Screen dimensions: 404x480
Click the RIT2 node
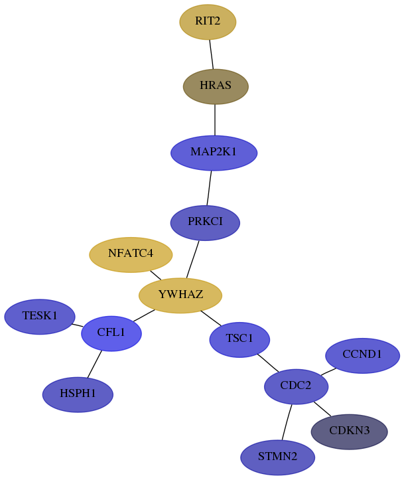[x=208, y=22]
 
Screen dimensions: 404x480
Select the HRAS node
[x=216, y=86]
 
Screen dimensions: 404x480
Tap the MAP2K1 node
[x=214, y=153]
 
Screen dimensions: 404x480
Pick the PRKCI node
[x=205, y=222]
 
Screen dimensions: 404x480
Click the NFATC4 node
[x=131, y=255]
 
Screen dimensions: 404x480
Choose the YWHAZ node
[x=180, y=295]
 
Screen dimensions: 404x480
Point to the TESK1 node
[x=39, y=317]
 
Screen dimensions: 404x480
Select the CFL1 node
[x=111, y=333]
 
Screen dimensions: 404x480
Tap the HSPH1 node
[x=78, y=394]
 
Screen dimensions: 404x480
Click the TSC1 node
[x=239, y=339]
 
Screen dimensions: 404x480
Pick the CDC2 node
[x=296, y=386]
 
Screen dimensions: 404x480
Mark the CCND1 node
[x=362, y=355]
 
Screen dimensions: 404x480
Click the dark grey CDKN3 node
[x=349, y=432]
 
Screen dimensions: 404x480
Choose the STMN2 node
[x=277, y=457]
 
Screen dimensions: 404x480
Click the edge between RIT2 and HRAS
[x=212, y=54]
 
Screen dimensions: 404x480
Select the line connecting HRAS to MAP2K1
[x=215, y=120]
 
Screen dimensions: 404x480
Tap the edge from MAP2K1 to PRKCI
[x=209, y=188]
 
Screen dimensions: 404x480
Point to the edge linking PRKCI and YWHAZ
[x=192, y=260]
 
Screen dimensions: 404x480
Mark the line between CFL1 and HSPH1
[x=94, y=364]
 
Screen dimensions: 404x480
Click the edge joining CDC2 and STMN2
[x=287, y=422]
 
